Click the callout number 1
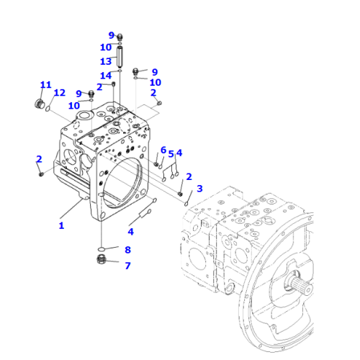tap(61, 225)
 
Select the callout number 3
tap(199, 189)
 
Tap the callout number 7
tap(127, 266)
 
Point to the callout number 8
tap(127, 250)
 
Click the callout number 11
tap(45, 85)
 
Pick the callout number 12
tap(60, 93)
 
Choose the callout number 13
tap(106, 61)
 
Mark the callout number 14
tap(106, 76)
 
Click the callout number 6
tap(163, 150)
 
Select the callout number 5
tap(171, 154)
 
